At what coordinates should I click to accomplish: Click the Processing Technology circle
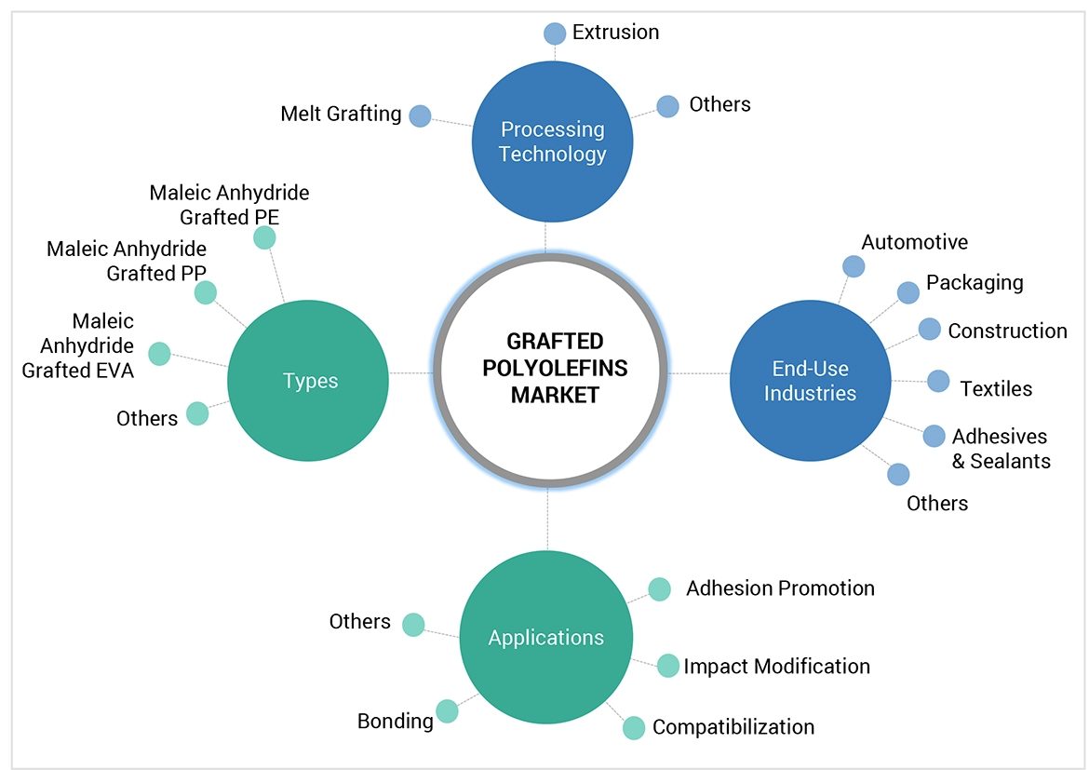click(552, 142)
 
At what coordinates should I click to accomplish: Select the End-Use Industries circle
click(810, 380)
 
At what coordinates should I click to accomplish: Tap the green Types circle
click(309, 380)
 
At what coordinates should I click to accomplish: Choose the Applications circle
click(545, 638)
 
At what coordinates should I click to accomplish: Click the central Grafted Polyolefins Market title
click(554, 368)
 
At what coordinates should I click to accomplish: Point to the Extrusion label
click(615, 33)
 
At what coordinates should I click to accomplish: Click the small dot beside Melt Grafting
click(420, 115)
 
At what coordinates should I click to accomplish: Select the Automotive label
click(914, 243)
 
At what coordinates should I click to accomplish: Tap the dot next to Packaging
click(907, 292)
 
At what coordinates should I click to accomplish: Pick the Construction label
click(1007, 331)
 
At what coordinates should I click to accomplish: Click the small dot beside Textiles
click(938, 381)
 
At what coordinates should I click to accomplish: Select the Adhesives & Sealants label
click(1000, 448)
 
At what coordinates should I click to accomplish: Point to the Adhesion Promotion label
click(780, 588)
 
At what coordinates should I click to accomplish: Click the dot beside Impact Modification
click(668, 666)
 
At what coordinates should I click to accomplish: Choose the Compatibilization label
click(733, 727)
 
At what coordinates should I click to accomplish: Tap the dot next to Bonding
click(447, 711)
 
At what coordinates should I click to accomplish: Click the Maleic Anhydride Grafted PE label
click(229, 205)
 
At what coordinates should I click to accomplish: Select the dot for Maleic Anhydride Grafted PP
click(206, 292)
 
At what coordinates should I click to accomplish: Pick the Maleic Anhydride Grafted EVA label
click(78, 345)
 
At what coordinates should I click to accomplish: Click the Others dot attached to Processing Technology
click(667, 106)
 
